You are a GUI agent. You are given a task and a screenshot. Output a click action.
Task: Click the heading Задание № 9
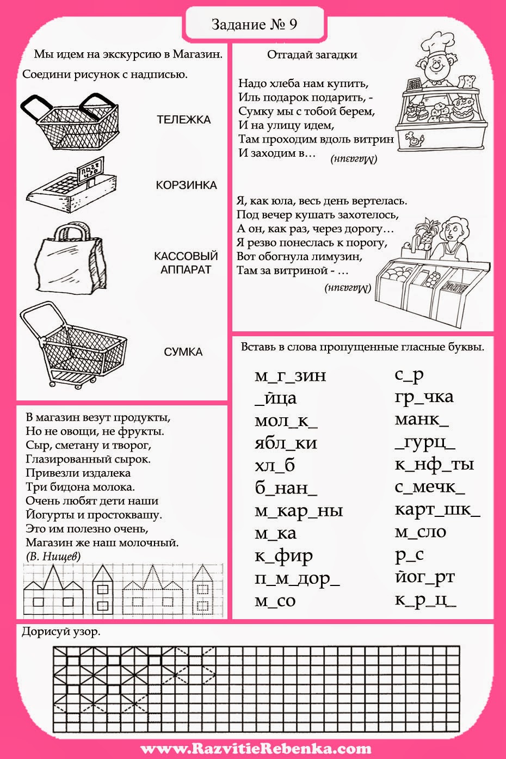click(x=254, y=24)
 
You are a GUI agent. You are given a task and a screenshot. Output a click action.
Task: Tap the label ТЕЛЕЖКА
click(x=183, y=120)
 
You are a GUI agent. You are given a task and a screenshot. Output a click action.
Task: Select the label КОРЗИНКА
click(x=186, y=185)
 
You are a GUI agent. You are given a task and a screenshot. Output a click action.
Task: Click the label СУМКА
click(x=183, y=352)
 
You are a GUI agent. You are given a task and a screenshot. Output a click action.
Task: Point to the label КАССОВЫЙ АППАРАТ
click(x=186, y=263)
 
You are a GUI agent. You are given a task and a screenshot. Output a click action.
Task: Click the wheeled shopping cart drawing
click(x=73, y=345)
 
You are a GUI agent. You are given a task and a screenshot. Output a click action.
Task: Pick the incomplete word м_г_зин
click(x=290, y=375)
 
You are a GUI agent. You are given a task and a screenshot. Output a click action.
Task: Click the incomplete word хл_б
click(x=274, y=466)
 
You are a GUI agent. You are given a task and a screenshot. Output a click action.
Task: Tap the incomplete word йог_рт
click(x=424, y=577)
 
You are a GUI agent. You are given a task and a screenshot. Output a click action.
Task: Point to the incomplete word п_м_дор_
click(x=297, y=578)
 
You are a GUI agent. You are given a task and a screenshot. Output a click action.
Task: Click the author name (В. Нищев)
click(x=53, y=556)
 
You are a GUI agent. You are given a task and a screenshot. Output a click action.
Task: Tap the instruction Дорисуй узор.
click(x=61, y=632)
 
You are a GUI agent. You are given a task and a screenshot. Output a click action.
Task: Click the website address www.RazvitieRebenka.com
click(x=256, y=749)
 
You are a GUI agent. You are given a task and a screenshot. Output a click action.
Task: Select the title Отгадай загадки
click(x=312, y=54)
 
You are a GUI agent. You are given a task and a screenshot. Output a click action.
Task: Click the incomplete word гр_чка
click(x=424, y=397)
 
